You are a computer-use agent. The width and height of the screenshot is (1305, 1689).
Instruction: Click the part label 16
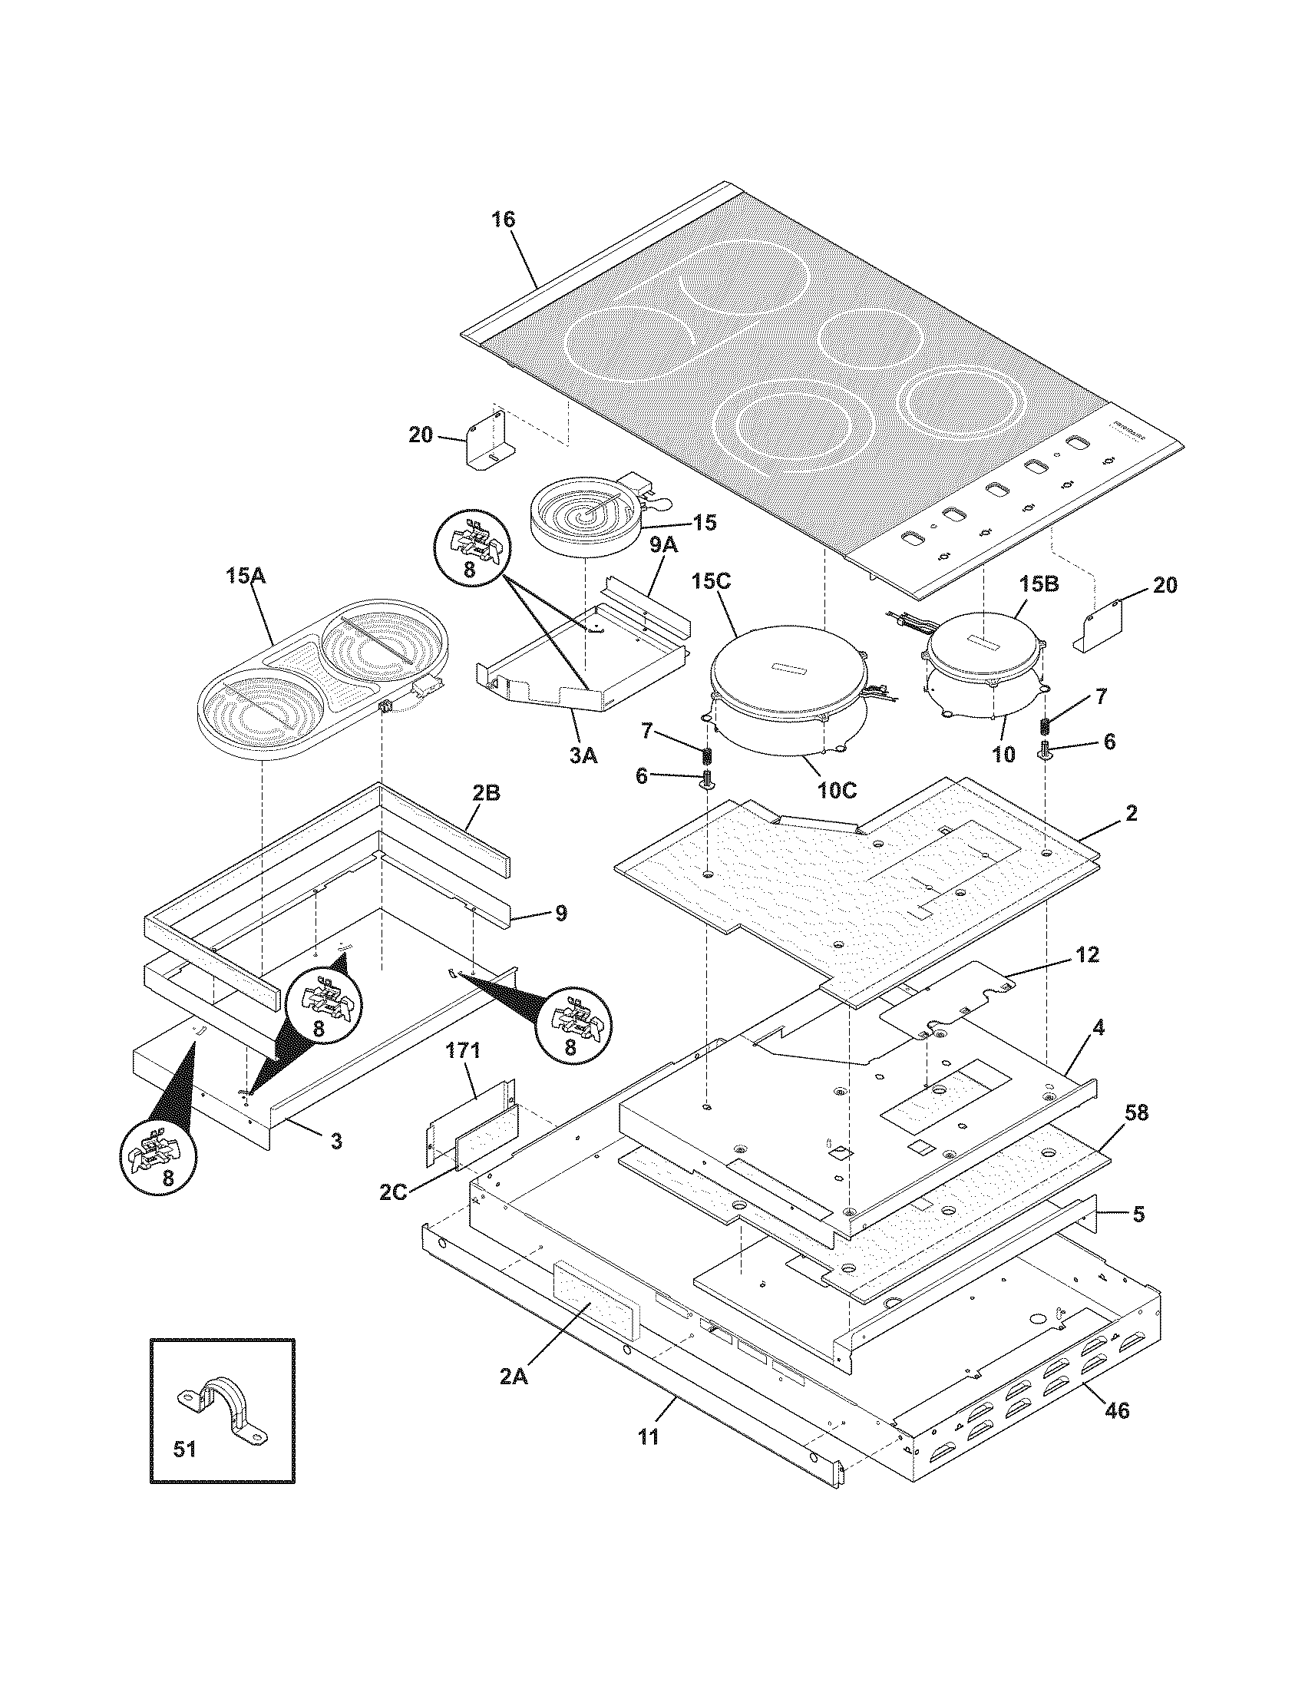click(503, 220)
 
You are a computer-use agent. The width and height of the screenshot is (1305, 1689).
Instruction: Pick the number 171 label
click(463, 1050)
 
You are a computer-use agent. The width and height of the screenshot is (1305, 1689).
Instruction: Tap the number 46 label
click(1117, 1433)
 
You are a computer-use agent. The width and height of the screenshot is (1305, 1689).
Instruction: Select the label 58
click(1136, 1112)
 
